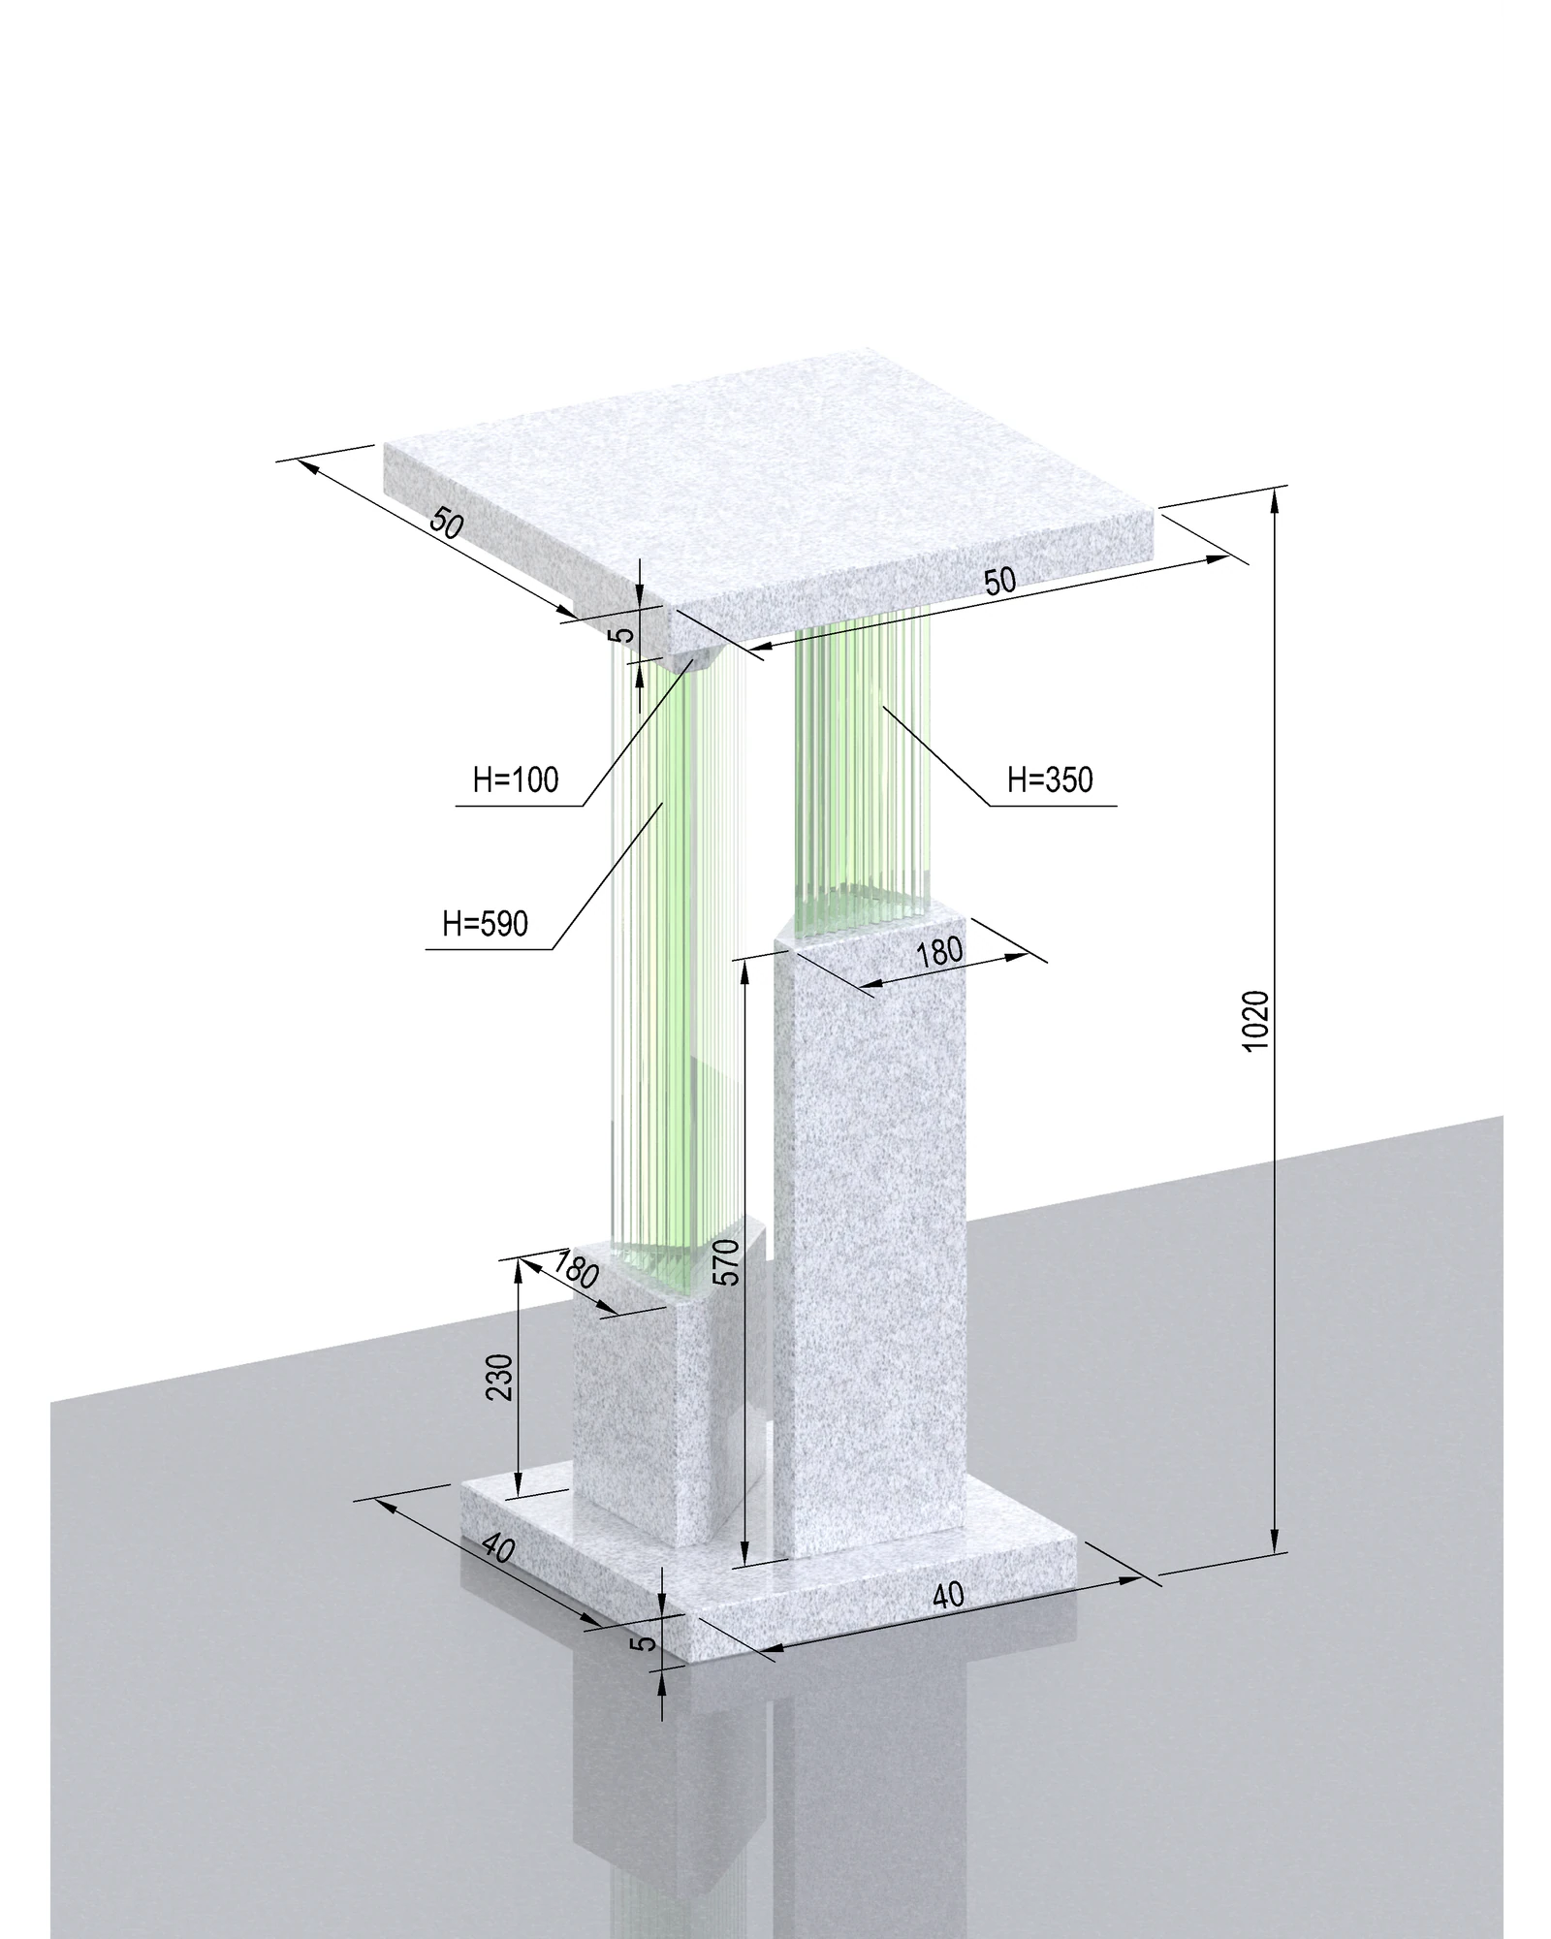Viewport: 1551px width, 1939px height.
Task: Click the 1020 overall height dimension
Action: pos(1254,1021)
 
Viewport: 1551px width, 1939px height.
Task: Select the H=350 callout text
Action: pos(1050,779)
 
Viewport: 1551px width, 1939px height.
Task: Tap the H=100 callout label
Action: pos(516,779)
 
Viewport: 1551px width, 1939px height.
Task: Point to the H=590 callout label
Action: pos(486,924)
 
